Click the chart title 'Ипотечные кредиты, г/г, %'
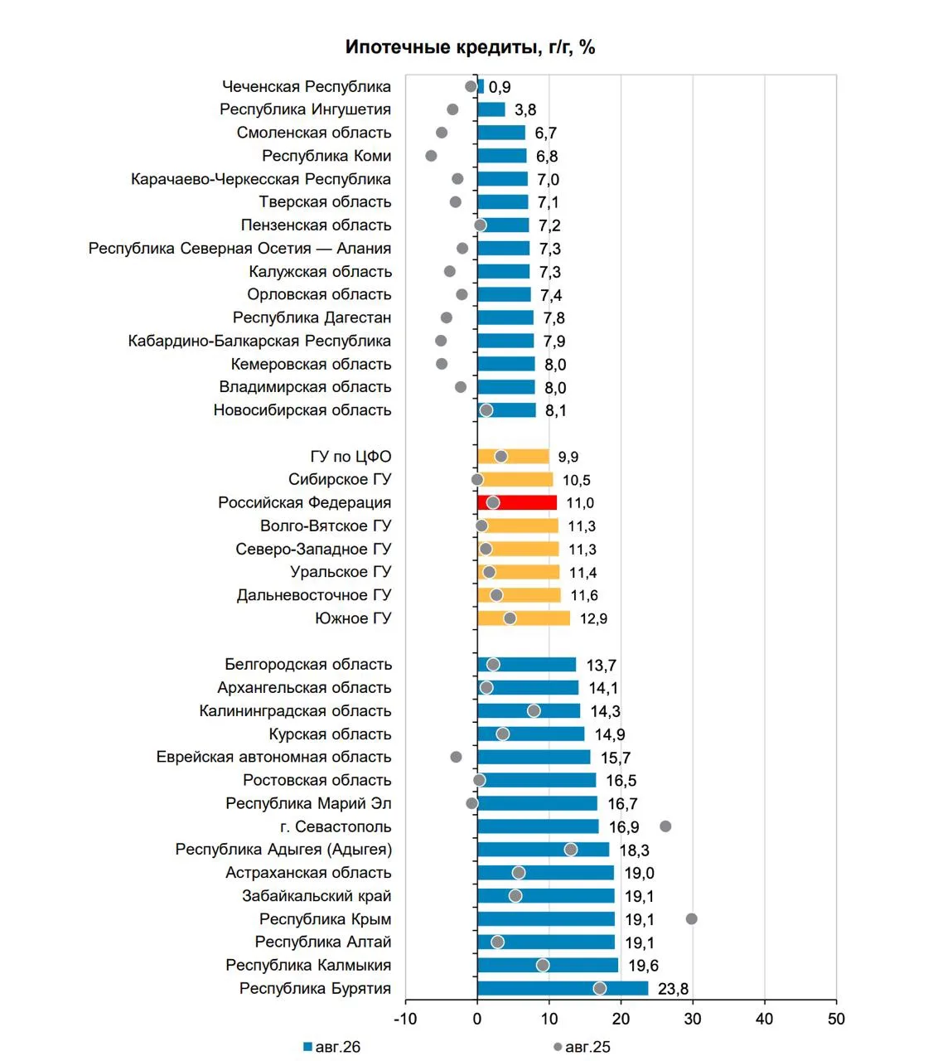point(470,47)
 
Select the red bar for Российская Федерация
point(517,503)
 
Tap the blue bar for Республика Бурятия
point(563,988)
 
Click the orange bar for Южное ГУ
point(524,618)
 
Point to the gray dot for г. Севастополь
point(665,826)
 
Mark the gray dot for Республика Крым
point(691,918)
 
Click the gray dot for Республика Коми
point(431,156)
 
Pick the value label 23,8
point(673,989)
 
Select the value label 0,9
point(500,87)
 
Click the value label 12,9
point(593,618)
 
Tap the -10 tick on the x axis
point(404,1019)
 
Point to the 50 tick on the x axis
point(836,1019)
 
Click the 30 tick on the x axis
point(693,1019)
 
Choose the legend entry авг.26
point(332,1047)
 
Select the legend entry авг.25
point(582,1047)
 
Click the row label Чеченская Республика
point(307,86)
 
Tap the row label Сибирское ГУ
point(340,479)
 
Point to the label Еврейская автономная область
point(273,757)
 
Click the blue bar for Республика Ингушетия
point(491,109)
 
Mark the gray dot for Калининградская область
point(534,710)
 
